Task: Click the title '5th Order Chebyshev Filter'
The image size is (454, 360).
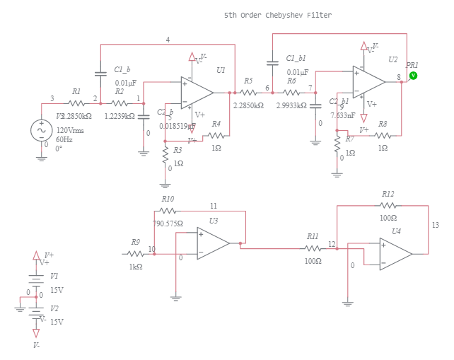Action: tap(277, 15)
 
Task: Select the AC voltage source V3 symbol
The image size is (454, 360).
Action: tap(41, 130)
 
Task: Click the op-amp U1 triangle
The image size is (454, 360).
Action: tap(197, 91)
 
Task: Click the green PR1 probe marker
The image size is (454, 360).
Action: tap(413, 75)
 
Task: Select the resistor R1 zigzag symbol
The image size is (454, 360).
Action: tap(76, 103)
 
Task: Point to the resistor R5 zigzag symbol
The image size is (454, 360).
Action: tap(248, 92)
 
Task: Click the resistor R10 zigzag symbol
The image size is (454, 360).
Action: tap(168, 211)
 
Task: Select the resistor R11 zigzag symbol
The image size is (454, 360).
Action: tap(313, 248)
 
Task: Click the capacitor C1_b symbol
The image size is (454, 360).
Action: tap(100, 73)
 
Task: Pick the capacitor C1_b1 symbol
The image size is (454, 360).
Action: tap(272, 63)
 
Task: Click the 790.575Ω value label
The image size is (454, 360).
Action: tap(168, 223)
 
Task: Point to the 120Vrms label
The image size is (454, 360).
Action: tap(71, 131)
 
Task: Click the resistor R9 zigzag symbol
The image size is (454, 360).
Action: tap(135, 252)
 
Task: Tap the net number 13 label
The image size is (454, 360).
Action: tap(435, 225)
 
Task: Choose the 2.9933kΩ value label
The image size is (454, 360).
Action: tap(291, 105)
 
